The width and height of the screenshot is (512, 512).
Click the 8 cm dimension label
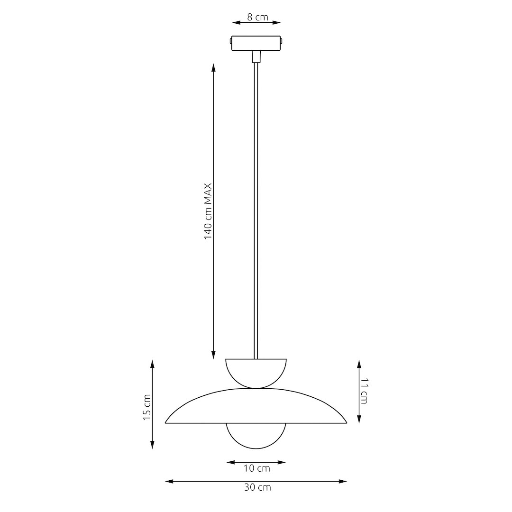coord(257,17)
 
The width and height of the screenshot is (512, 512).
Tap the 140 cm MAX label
coord(208,211)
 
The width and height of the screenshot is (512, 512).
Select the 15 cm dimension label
coord(147,407)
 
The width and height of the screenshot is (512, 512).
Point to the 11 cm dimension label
coord(364,391)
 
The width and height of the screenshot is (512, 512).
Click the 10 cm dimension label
coord(257,468)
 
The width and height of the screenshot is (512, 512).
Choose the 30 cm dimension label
coord(257,487)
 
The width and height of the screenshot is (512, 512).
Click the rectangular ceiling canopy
coord(256,44)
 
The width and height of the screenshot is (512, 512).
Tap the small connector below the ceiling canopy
coord(256,56)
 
